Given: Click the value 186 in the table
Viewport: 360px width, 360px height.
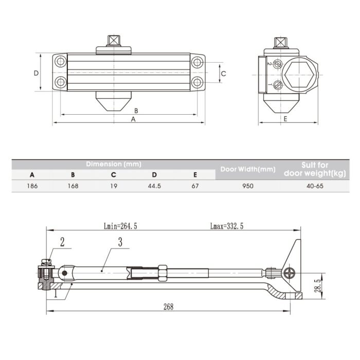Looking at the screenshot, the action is tap(32, 186).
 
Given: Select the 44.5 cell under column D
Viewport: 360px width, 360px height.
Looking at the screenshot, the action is tap(154, 186).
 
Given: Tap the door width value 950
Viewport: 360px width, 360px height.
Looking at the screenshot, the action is tap(248, 186).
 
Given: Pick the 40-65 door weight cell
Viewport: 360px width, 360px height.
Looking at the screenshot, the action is tap(315, 186).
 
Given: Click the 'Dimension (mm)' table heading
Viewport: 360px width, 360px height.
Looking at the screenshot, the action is tap(114, 164).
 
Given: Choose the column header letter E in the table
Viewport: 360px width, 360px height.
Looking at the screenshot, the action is tap(195, 175).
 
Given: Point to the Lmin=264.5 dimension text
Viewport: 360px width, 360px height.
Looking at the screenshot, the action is tap(120, 226).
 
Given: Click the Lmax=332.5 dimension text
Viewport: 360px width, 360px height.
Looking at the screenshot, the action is tap(227, 226).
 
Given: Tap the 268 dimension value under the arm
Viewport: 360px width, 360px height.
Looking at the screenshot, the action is tap(168, 307).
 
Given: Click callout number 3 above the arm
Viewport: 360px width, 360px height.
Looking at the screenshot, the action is tap(120, 242).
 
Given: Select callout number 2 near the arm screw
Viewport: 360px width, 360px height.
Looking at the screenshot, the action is tap(62, 242).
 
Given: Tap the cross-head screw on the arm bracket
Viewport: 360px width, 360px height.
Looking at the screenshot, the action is tap(289, 273).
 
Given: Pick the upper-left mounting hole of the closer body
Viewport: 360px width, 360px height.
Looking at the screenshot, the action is tap(61, 61).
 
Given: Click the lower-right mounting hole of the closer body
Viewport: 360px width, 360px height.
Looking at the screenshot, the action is tap(197, 82).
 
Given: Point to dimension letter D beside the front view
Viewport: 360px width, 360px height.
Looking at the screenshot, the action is tap(37, 73).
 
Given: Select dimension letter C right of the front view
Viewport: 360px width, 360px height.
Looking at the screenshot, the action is tap(223, 74).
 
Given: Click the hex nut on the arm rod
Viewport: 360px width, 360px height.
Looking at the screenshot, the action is tap(163, 273).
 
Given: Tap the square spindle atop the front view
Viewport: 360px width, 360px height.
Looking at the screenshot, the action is tap(114, 41).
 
